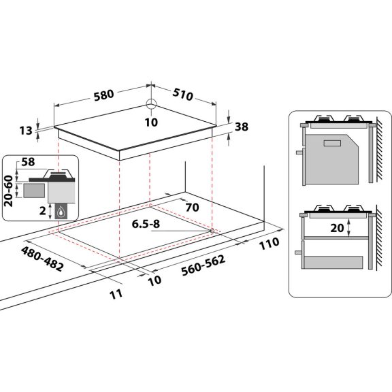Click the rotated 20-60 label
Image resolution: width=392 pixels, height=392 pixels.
7,193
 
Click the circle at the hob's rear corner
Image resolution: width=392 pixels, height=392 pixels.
151,105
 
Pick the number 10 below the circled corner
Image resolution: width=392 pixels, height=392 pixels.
151,122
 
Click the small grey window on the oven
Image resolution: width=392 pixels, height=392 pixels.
333,144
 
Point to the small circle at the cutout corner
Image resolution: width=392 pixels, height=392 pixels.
212,231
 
